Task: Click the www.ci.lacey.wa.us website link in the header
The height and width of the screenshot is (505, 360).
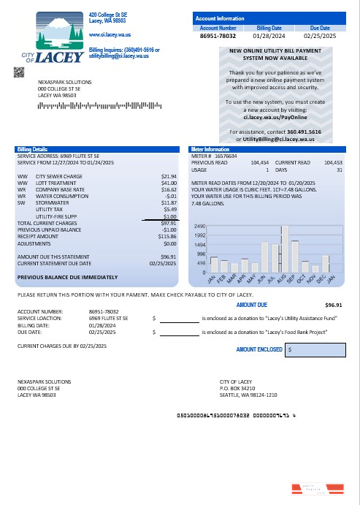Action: [109, 34]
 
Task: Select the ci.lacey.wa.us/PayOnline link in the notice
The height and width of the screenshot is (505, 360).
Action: [273, 115]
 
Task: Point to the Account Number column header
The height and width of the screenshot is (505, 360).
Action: [218, 27]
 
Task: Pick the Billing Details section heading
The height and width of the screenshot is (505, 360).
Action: [31, 148]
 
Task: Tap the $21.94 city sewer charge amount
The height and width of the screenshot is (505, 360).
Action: [169, 176]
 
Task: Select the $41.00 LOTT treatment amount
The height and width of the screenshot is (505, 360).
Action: [169, 183]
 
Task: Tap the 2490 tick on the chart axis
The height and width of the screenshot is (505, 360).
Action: [199, 227]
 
